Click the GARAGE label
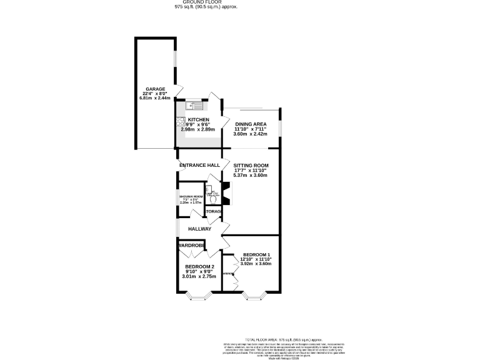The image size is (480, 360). pos(155,89)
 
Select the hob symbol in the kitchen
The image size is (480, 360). pos(180,122)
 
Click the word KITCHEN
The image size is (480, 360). pos(199,119)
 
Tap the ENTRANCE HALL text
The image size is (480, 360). pos(199,165)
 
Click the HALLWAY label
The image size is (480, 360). pos(199,229)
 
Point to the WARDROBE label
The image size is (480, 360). pos(191,246)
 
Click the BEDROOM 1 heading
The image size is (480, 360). pos(257,254)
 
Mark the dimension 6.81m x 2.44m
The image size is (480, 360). pos(155,99)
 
